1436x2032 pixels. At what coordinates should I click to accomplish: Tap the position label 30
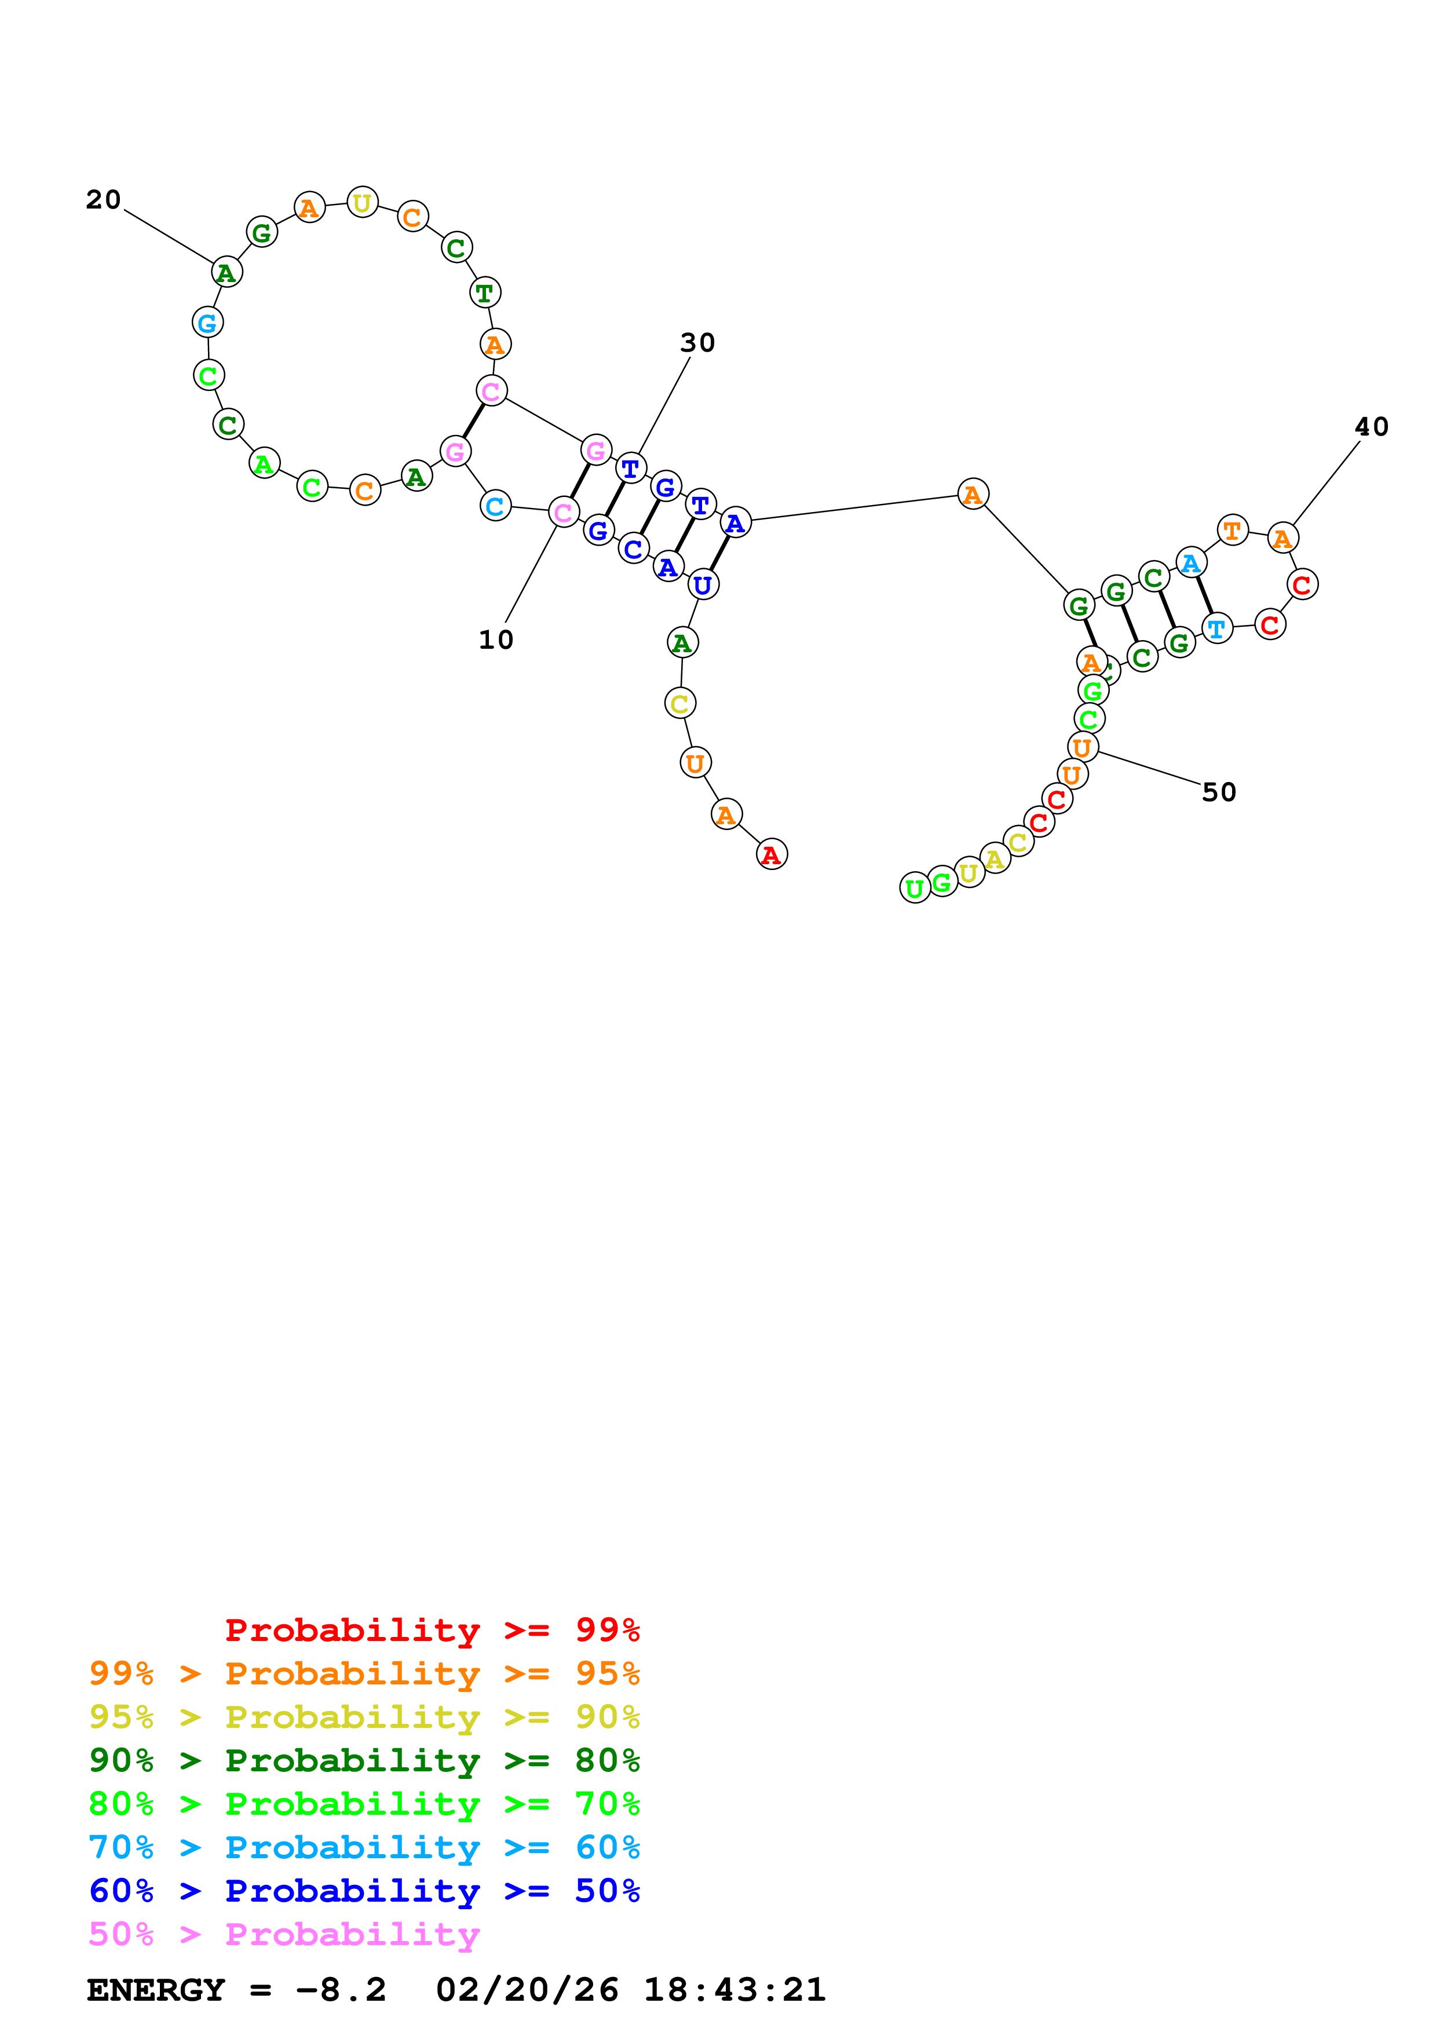click(x=697, y=342)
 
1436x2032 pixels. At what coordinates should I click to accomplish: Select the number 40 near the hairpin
click(x=1371, y=426)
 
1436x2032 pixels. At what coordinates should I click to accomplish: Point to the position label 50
click(x=1218, y=792)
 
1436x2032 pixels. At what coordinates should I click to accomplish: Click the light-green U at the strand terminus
click(x=915, y=887)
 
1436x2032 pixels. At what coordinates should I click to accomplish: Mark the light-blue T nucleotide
click(x=1218, y=628)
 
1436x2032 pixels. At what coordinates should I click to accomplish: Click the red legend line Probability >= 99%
click(x=432, y=1629)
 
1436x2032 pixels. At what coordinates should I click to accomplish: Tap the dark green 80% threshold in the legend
click(x=607, y=1760)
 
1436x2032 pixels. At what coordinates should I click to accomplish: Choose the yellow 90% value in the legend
click(x=607, y=1717)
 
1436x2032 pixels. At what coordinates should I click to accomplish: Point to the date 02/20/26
click(x=527, y=1990)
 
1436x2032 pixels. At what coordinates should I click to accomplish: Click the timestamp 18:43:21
click(x=735, y=1990)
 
